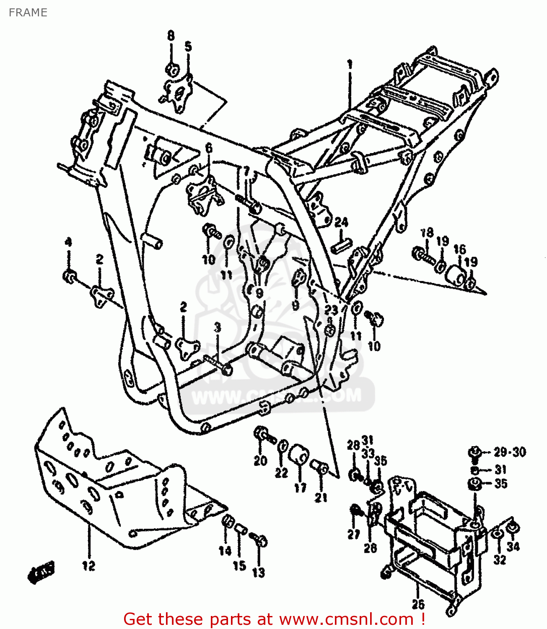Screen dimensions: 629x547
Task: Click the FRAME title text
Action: point(28,13)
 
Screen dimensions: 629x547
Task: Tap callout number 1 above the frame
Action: point(350,65)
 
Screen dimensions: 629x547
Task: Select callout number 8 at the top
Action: point(171,36)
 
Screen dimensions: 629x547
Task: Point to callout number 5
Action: point(188,47)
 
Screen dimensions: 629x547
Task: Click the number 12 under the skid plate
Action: point(88,566)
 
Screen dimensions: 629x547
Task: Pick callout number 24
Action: point(341,222)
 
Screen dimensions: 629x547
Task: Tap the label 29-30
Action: point(509,452)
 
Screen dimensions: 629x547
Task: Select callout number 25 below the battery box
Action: point(418,604)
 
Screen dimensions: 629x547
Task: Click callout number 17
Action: point(300,488)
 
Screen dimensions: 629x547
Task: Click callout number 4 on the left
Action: point(68,242)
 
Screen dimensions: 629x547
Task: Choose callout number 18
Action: point(427,233)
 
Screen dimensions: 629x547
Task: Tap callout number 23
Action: point(331,310)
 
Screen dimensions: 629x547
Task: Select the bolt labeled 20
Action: point(264,435)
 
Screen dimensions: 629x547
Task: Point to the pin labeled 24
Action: point(342,245)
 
